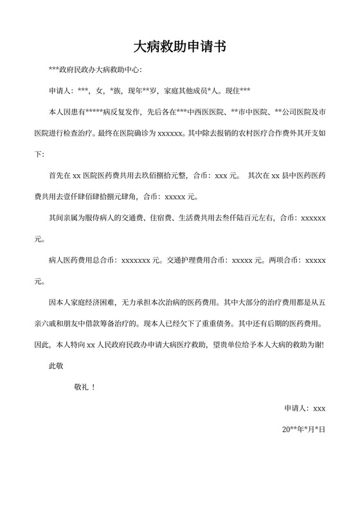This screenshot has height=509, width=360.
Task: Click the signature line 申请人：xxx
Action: click(305, 408)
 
